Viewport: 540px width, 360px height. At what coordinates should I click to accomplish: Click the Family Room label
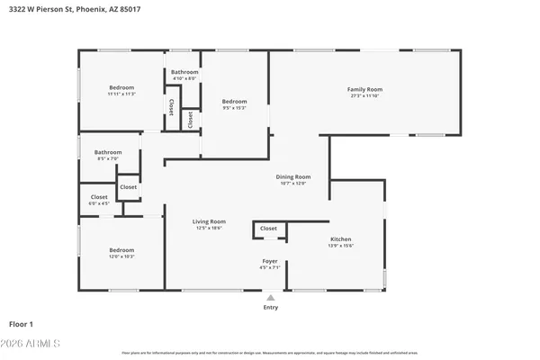tap(365, 89)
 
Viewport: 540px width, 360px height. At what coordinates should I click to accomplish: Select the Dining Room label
tap(292, 176)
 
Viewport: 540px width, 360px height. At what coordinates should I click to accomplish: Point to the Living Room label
tap(209, 221)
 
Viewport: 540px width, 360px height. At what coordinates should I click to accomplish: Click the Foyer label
tap(270, 261)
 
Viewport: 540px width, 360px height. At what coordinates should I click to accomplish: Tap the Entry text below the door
tap(270, 308)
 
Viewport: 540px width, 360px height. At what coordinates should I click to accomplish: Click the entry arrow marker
tap(270, 295)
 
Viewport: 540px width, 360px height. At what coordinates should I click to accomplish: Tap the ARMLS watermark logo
tap(32, 343)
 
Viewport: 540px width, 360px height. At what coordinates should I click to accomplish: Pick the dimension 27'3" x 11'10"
tap(365, 96)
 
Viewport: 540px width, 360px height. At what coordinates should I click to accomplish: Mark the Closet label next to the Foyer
tap(268, 229)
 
